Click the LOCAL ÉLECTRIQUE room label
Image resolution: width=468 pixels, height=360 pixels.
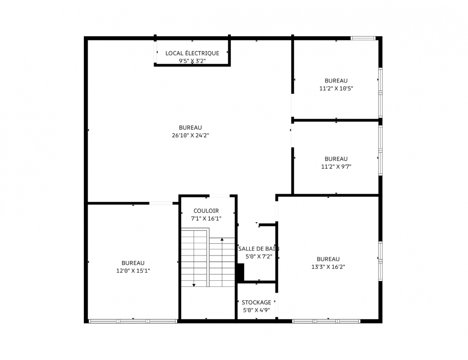point(192,53)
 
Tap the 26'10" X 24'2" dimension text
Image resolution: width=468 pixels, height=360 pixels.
point(190,135)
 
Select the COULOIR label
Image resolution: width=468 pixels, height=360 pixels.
point(206,210)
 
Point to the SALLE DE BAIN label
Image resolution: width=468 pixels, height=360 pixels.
point(259,248)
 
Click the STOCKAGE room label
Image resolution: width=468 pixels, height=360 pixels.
point(256,302)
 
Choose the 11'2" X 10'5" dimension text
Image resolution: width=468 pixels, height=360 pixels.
point(336,89)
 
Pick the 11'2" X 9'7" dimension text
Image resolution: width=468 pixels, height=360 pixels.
point(336,167)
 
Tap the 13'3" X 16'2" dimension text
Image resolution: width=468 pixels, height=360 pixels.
point(328,267)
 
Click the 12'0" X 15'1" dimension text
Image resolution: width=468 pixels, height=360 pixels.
point(133,271)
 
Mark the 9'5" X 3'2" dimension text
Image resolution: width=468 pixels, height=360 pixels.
point(192,61)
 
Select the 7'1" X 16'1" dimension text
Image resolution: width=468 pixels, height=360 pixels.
point(206,218)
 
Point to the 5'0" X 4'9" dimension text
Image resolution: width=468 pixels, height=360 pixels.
point(256,310)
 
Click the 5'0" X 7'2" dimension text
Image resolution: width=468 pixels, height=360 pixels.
point(259,256)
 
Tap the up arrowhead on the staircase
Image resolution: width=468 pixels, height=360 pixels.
point(222,240)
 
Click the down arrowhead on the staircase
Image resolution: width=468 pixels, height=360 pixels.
point(194,285)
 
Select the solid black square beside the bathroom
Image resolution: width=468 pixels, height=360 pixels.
point(241,272)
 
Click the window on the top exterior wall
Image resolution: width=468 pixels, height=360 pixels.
point(363,38)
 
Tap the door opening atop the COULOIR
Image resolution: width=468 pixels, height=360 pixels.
point(219,196)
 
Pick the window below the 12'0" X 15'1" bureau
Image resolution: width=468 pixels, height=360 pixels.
point(133,322)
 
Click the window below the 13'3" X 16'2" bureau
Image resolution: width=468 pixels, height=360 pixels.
point(326,322)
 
